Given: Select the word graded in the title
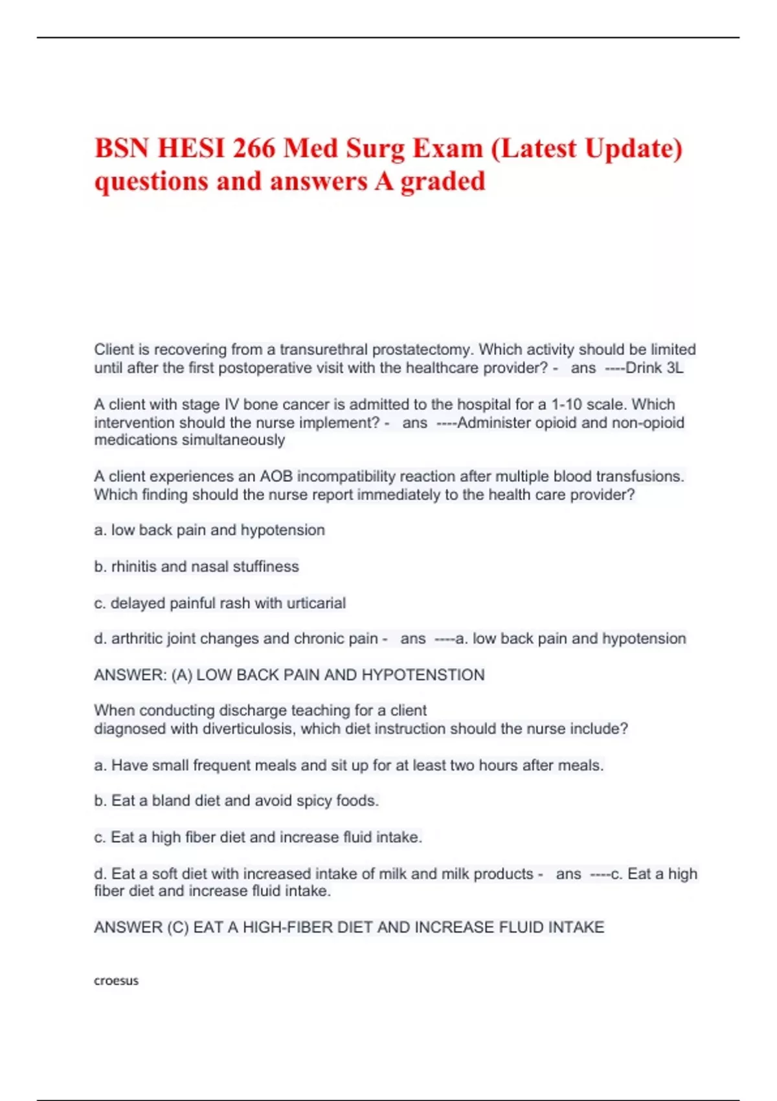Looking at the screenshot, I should click(443, 181).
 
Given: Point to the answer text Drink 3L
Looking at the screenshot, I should click(654, 369).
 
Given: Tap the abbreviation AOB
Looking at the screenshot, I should click(276, 477).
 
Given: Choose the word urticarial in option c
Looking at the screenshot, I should click(316, 603).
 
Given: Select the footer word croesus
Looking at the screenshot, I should click(117, 981).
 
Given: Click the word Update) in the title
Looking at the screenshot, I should click(633, 148).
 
